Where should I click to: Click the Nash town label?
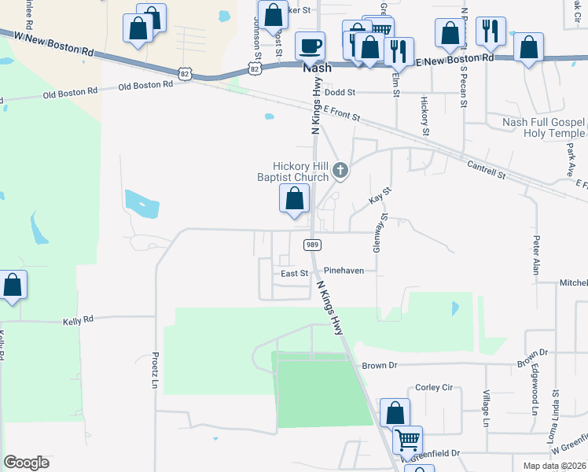pyautogui.click(x=318, y=68)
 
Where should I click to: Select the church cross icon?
pyautogui.click(x=340, y=169)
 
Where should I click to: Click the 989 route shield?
pyautogui.click(x=311, y=245)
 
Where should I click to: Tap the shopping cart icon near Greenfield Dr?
pyautogui.click(x=407, y=439)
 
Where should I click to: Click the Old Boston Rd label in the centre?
pyautogui.click(x=145, y=85)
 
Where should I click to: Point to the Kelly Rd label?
pyautogui.click(x=78, y=320)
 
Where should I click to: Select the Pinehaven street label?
pyautogui.click(x=344, y=271)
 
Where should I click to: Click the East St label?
pyautogui.click(x=294, y=274)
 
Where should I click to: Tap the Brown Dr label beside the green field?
pyautogui.click(x=380, y=366)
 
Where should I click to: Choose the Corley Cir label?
pyautogui.click(x=434, y=387)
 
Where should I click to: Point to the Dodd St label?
pyautogui.click(x=340, y=92)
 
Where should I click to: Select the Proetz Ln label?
pyautogui.click(x=155, y=369)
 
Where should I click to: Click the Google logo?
pyautogui.click(x=26, y=463)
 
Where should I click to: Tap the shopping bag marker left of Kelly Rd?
pyautogui.click(x=13, y=285)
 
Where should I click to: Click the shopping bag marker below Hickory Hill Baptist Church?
pyautogui.click(x=294, y=198)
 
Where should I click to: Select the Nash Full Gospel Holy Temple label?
pyautogui.click(x=544, y=127)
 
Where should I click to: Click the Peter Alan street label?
pyautogui.click(x=537, y=255)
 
